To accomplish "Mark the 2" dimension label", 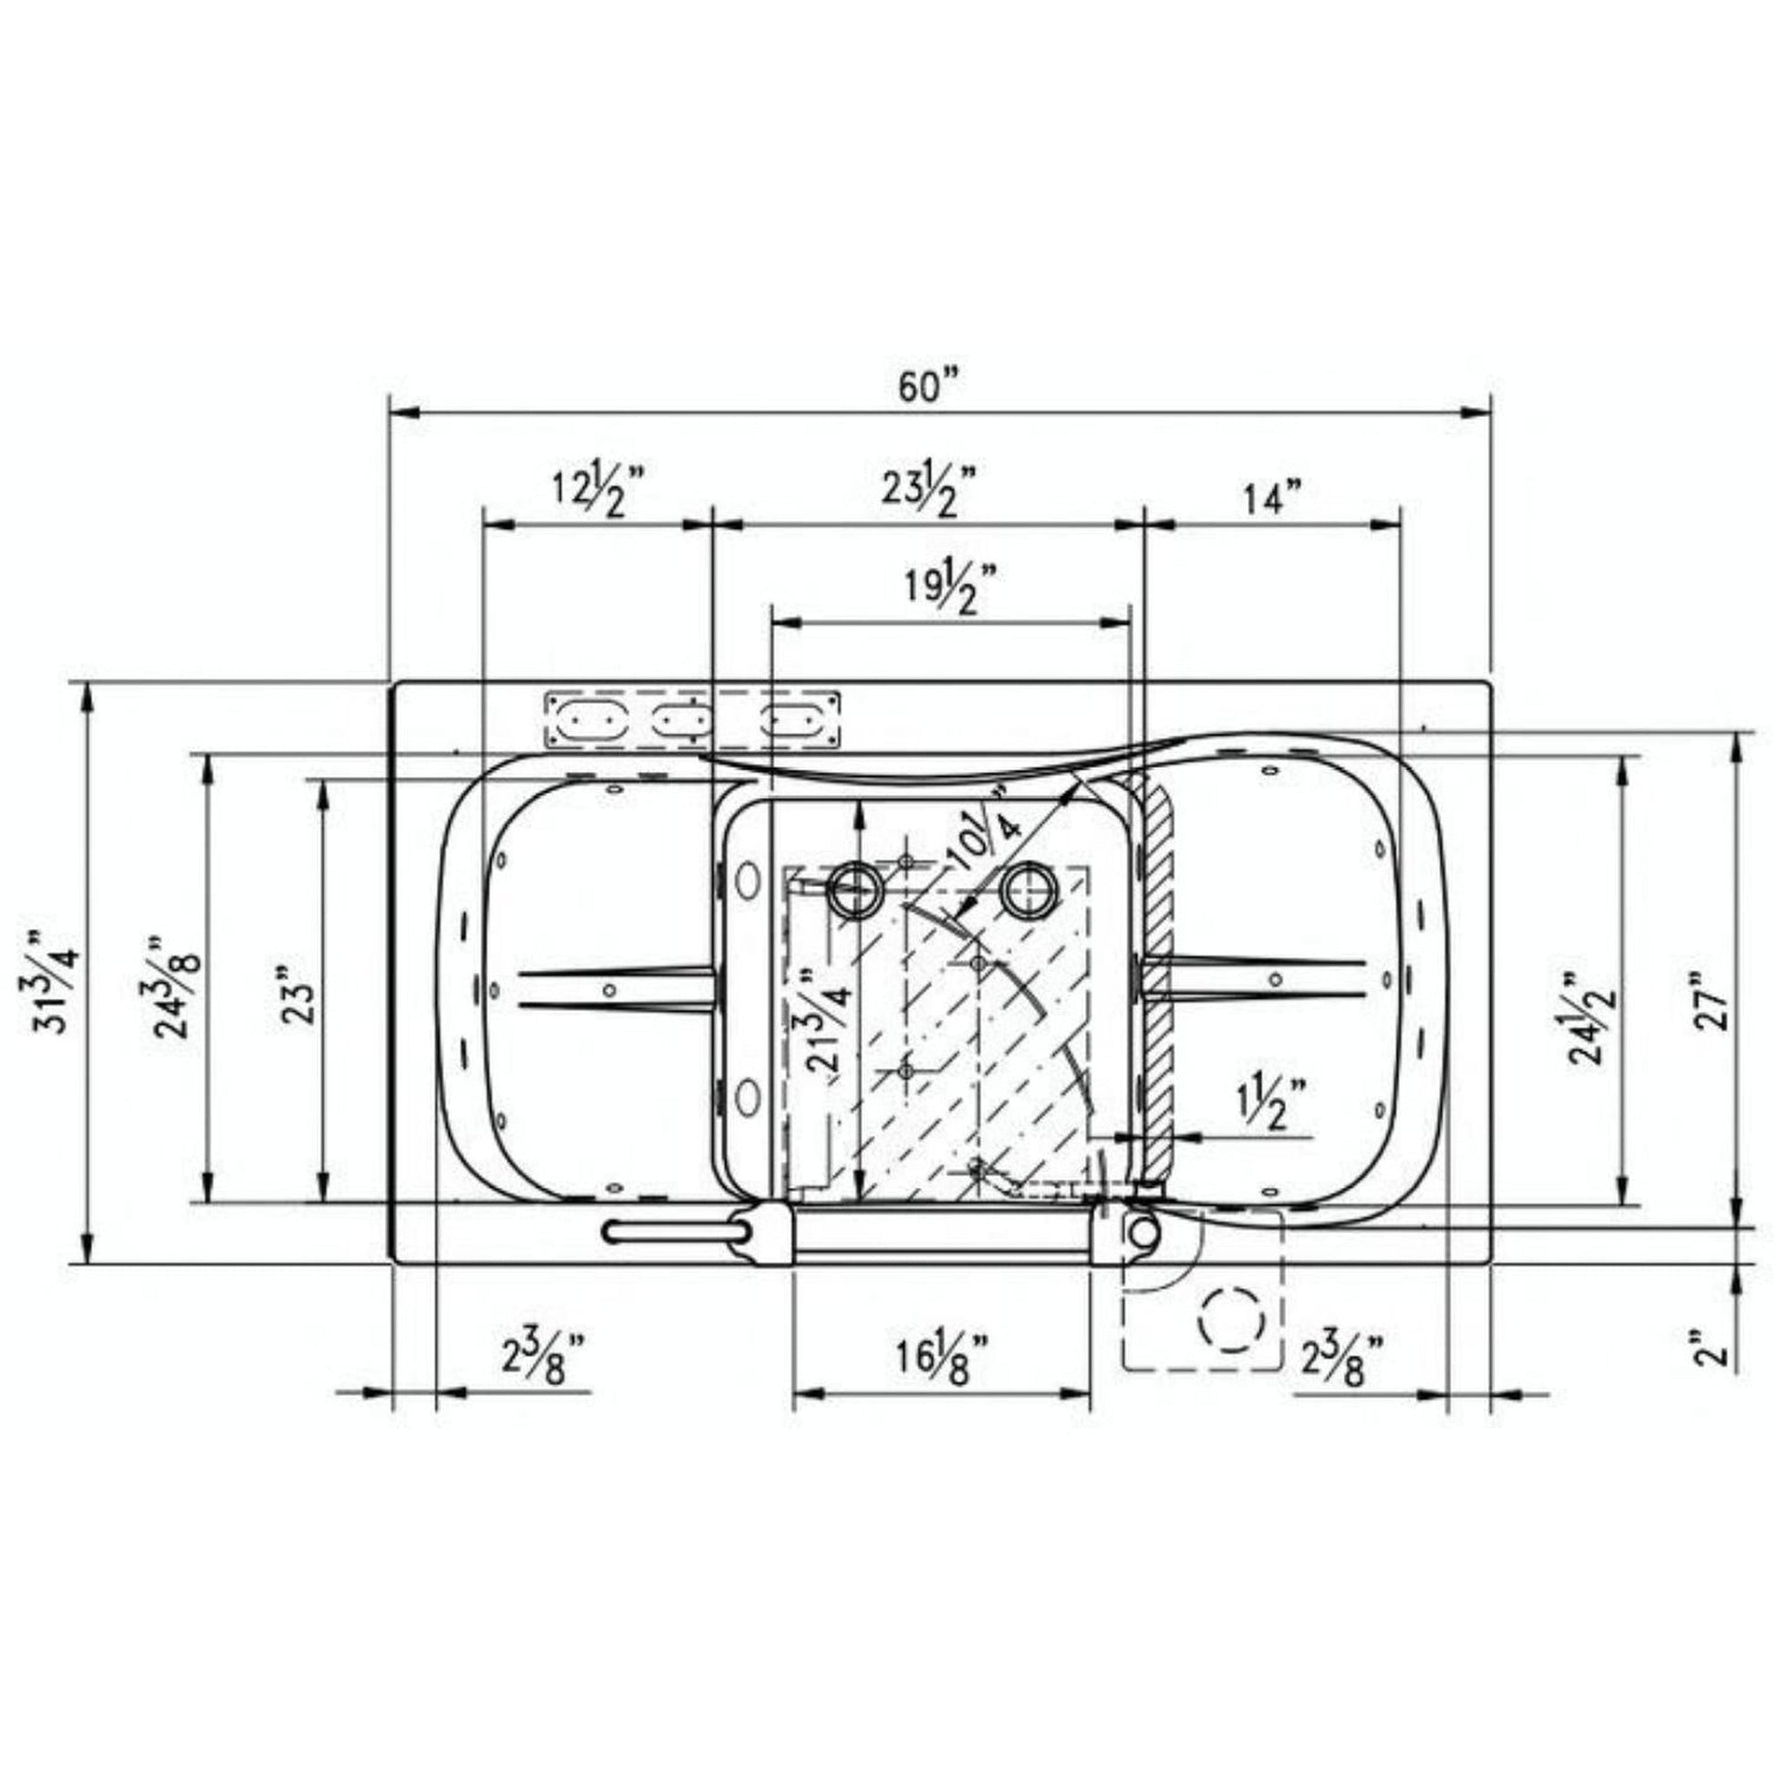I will coord(1712,1355).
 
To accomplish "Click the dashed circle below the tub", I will coord(1232,1319).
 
